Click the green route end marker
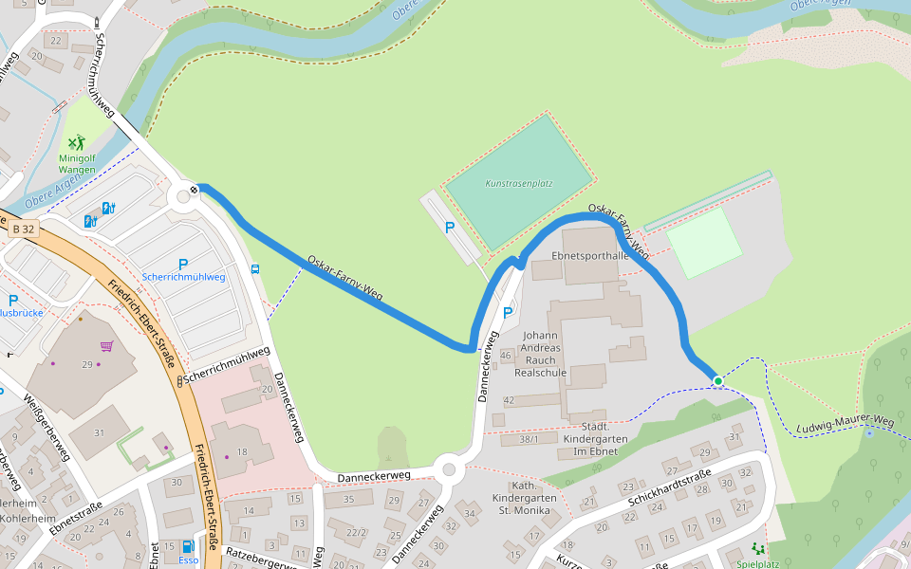718,381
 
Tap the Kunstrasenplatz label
519,183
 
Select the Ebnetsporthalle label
589,256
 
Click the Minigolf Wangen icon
76,144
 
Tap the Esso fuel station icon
188,546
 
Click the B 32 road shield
24,229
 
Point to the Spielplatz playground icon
757,549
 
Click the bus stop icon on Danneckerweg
255,268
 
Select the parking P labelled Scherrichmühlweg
183,264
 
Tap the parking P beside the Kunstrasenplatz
450,228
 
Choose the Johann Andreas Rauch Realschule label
540,354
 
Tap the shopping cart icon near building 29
107,346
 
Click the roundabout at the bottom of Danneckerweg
449,469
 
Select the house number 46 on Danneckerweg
506,356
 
